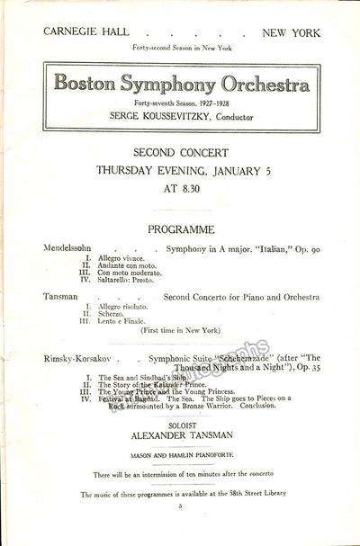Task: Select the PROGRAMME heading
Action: tap(180, 229)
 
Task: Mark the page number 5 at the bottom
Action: tap(180, 506)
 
